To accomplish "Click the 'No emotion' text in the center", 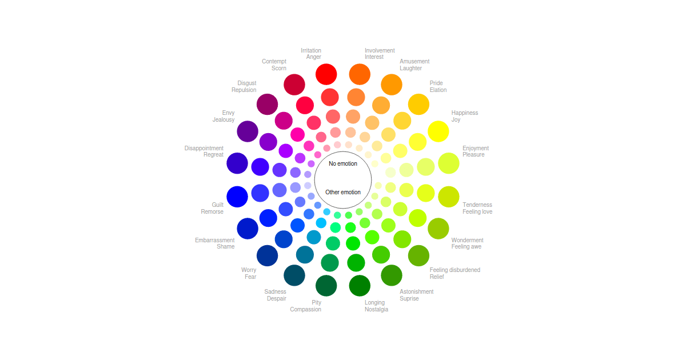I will [x=343, y=164].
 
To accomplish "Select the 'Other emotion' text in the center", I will [x=343, y=193].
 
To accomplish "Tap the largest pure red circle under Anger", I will [x=326, y=74].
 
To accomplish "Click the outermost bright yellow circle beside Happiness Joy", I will [x=438, y=131].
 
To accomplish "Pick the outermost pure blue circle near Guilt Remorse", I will [x=237, y=197].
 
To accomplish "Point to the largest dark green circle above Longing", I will [x=360, y=286].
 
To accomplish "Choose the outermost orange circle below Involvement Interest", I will [x=360, y=74].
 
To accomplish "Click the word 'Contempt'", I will [x=274, y=62].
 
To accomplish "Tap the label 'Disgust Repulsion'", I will [x=244, y=87].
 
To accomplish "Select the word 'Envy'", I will [x=228, y=113].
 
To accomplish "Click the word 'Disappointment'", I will [x=204, y=149].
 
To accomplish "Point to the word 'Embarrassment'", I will [x=215, y=241].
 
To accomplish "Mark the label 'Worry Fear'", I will [x=249, y=274].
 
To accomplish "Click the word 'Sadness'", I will [x=275, y=292].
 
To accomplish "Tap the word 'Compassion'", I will [x=306, y=310].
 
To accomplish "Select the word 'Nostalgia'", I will [x=377, y=310].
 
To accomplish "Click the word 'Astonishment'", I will [x=417, y=292].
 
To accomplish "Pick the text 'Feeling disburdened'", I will [x=455, y=270].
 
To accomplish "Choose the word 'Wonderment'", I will [x=468, y=241].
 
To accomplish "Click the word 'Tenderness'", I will [x=477, y=205].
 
